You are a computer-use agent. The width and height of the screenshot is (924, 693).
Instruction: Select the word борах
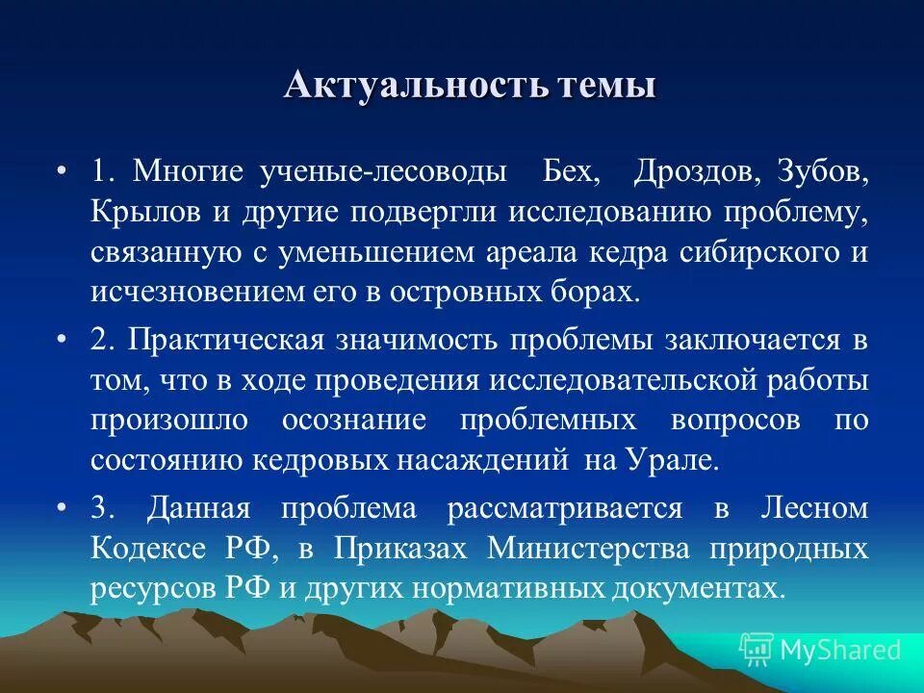(599, 293)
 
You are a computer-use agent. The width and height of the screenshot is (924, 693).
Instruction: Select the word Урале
(680, 460)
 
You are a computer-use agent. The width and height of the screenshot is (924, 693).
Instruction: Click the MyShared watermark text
(840, 650)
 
